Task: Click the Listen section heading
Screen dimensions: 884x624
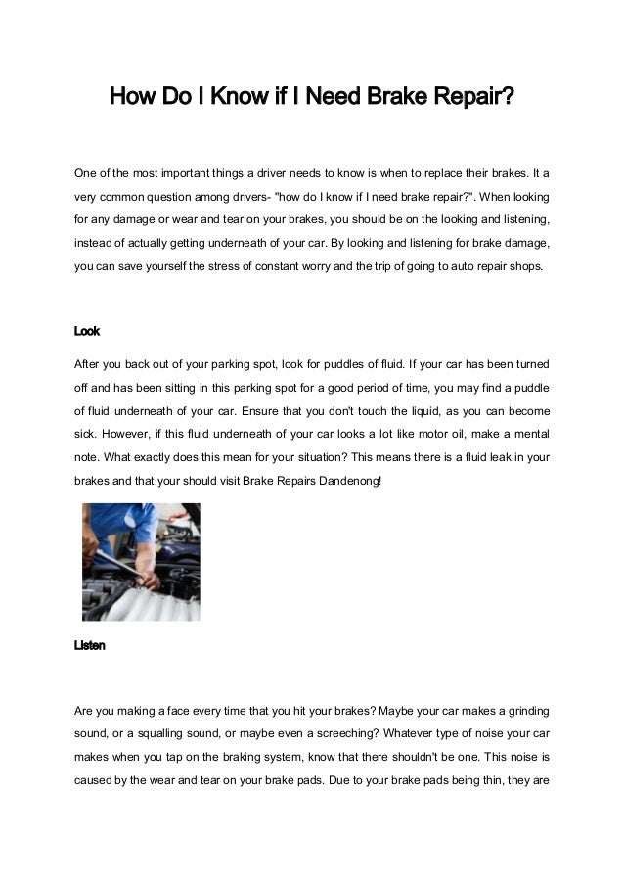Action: click(x=90, y=646)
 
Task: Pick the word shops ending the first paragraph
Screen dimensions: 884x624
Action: click(x=529, y=266)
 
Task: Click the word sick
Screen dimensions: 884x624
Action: click(x=86, y=432)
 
